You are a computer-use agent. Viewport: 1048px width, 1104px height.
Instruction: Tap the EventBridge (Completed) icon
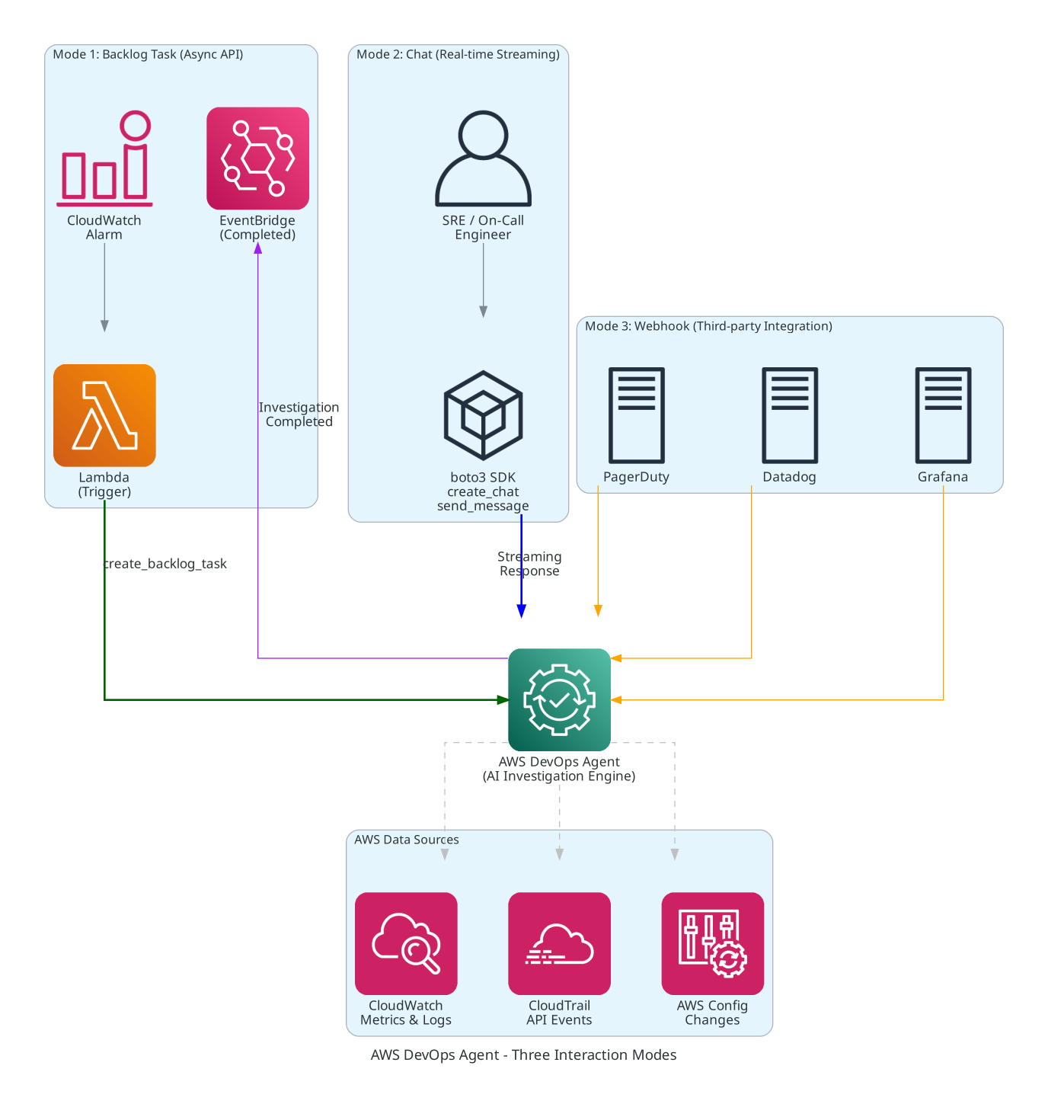coord(257,158)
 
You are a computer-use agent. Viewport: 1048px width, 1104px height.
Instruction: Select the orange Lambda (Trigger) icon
coord(104,415)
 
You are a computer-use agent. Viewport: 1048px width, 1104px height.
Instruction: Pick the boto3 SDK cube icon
coord(483,415)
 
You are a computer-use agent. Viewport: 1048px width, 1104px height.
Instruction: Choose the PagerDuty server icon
coord(637,415)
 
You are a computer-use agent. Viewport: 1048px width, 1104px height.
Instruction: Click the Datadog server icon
coord(790,415)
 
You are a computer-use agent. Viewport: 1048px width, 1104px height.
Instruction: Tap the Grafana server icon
coord(943,415)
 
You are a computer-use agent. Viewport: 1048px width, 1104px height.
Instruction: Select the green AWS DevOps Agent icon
coord(559,699)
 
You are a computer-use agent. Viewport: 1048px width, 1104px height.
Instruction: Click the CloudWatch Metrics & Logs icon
coord(406,943)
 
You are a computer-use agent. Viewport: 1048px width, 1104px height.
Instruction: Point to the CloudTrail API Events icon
coord(559,943)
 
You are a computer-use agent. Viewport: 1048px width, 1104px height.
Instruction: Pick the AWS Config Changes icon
coord(712,943)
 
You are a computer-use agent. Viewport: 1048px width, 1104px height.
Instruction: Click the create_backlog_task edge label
coord(165,564)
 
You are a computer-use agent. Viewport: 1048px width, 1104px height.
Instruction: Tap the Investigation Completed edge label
coord(299,414)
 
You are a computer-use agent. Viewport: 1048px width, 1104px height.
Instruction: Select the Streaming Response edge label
coord(529,564)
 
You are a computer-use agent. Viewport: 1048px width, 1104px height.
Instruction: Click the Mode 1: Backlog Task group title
coord(148,54)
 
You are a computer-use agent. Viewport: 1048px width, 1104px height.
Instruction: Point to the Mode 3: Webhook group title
coord(708,326)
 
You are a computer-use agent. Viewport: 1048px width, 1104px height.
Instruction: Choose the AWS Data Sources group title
coord(407,840)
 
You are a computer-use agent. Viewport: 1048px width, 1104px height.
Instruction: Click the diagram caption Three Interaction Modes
coord(523,1055)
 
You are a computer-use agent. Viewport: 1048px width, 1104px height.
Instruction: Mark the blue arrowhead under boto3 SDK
coord(521,611)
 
